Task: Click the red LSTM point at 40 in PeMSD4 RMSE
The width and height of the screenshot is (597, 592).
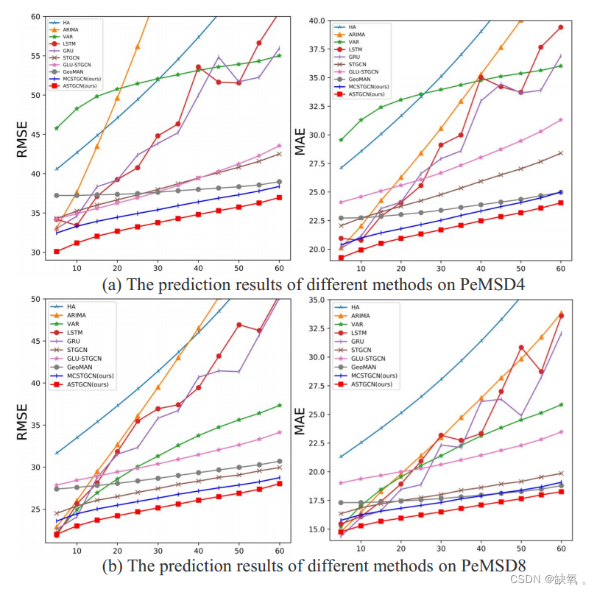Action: (198, 67)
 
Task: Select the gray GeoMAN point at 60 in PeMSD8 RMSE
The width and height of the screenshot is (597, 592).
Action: (279, 462)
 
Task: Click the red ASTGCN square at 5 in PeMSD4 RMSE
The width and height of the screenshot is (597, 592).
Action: (57, 251)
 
